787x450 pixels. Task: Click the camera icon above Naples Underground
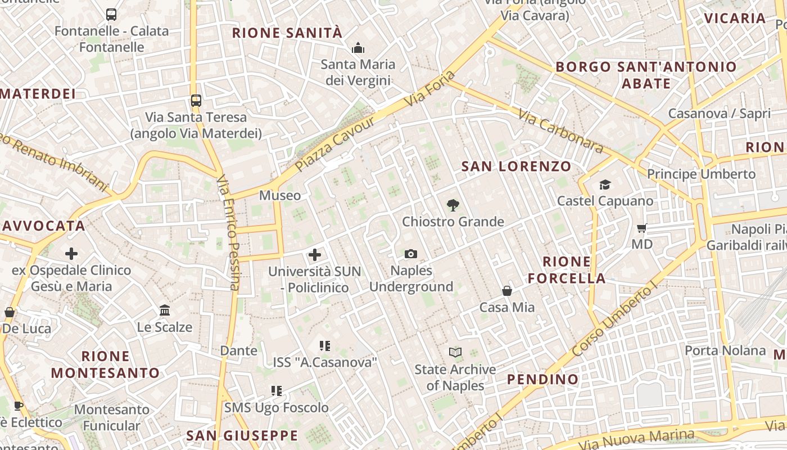pos(411,254)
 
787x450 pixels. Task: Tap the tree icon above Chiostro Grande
pos(453,205)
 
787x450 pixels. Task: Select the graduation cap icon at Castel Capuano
pos(605,184)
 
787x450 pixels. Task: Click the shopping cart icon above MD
pos(641,228)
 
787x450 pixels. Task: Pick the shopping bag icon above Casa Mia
pos(507,291)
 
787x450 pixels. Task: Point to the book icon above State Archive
pos(455,353)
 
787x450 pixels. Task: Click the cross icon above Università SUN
pos(315,255)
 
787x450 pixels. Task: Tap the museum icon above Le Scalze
pos(165,310)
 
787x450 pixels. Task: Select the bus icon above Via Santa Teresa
pos(196,101)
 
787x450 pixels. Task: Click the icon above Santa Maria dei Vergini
pos(358,48)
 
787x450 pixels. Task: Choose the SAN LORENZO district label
pos(516,166)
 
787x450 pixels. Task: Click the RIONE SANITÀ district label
pos(287,33)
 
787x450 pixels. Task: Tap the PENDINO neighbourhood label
pos(542,379)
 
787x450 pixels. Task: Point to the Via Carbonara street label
pos(560,132)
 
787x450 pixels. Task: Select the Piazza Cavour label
pos(335,144)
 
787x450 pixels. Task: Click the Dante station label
pos(238,351)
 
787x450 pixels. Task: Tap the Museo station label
pos(280,196)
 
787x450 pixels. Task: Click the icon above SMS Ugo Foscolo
pos(277,390)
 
